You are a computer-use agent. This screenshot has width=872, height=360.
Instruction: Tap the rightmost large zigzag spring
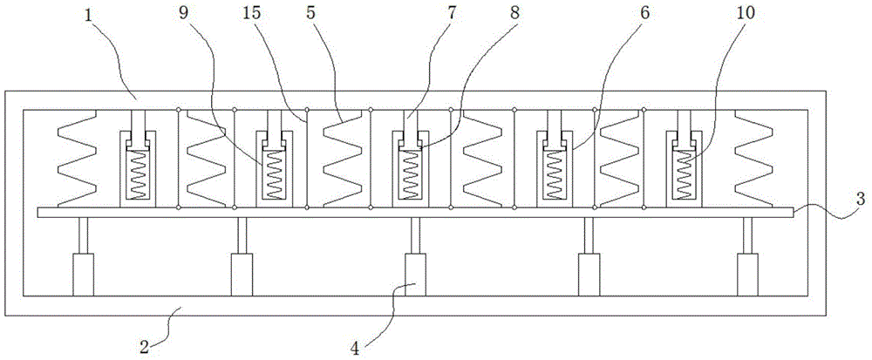point(753,159)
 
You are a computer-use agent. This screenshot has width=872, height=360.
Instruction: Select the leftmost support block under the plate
point(83,275)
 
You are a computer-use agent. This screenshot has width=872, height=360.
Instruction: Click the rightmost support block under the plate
point(747,275)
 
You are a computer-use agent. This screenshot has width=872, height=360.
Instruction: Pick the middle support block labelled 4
point(415,275)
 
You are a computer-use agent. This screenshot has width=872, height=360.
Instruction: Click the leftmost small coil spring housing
point(137,166)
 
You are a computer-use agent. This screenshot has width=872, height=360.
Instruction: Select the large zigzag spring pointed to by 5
point(342,159)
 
